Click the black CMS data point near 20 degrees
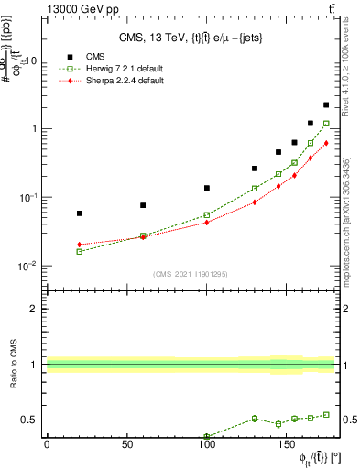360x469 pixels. (x=79, y=213)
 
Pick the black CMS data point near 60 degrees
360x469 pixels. (x=143, y=205)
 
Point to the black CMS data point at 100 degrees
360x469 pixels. (x=207, y=188)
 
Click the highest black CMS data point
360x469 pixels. (x=326, y=105)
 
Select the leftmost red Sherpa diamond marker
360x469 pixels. (x=79, y=245)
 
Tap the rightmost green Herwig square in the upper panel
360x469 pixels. (x=326, y=123)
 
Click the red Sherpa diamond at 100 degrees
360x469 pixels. (x=207, y=222)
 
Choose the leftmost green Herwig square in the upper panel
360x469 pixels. (x=79, y=251)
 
